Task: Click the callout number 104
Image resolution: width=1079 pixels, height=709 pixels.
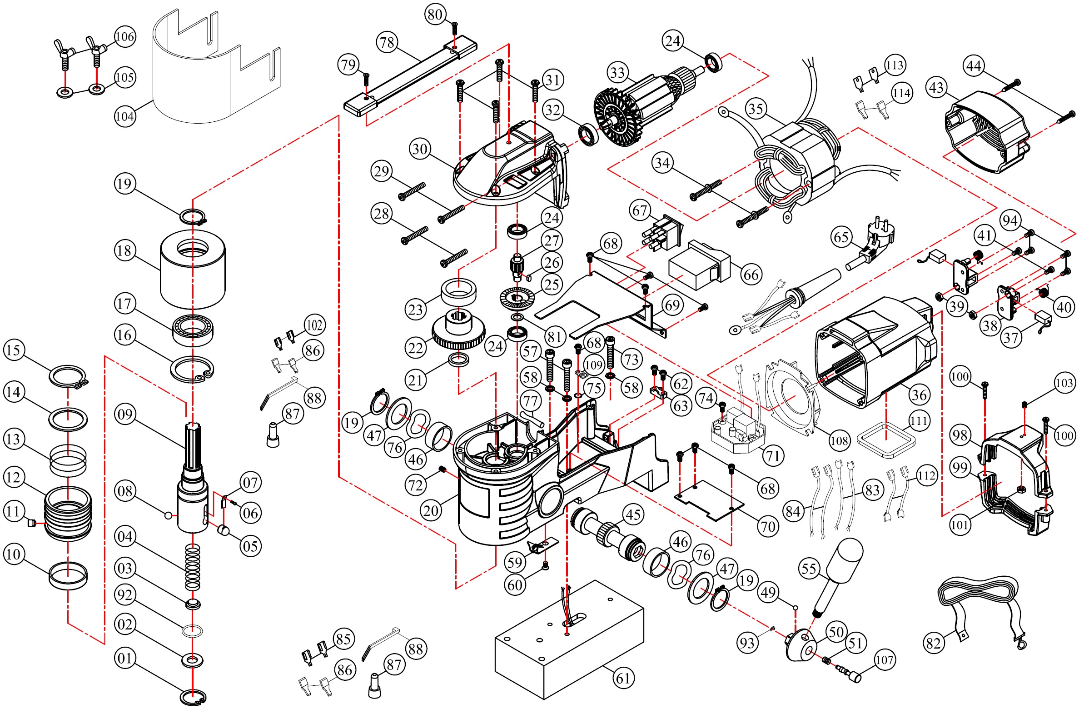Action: pos(124,116)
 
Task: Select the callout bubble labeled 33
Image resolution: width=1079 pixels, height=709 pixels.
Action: pos(618,72)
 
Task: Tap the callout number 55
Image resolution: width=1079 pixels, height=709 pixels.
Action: pos(809,568)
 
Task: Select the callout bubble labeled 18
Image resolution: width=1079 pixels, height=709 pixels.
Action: pos(124,250)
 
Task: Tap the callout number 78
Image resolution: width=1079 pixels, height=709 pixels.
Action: pos(387,42)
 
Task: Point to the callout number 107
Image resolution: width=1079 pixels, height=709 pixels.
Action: pos(884,659)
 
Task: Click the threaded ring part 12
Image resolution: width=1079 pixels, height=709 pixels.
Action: pos(68,514)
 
